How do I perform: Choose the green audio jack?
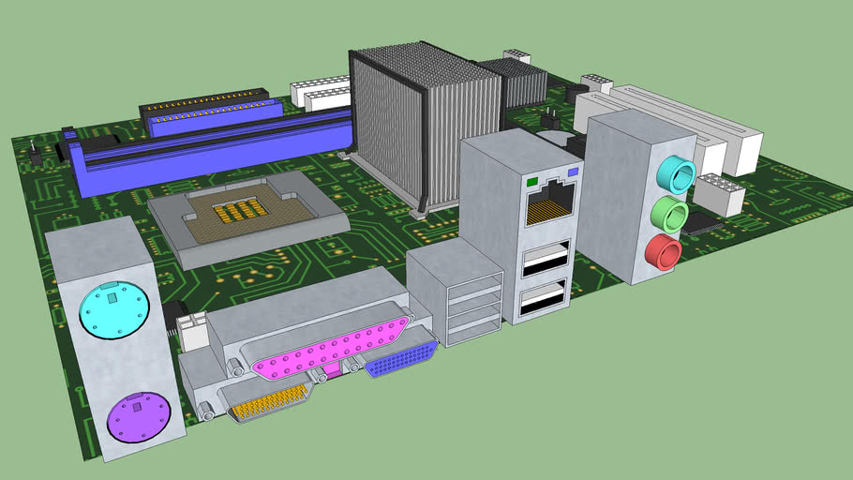670,213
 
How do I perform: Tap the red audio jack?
663,252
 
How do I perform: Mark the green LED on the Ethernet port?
533,179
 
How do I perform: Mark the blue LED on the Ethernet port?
573,172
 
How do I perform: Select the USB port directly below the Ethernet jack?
545,257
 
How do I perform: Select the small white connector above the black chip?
720,194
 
